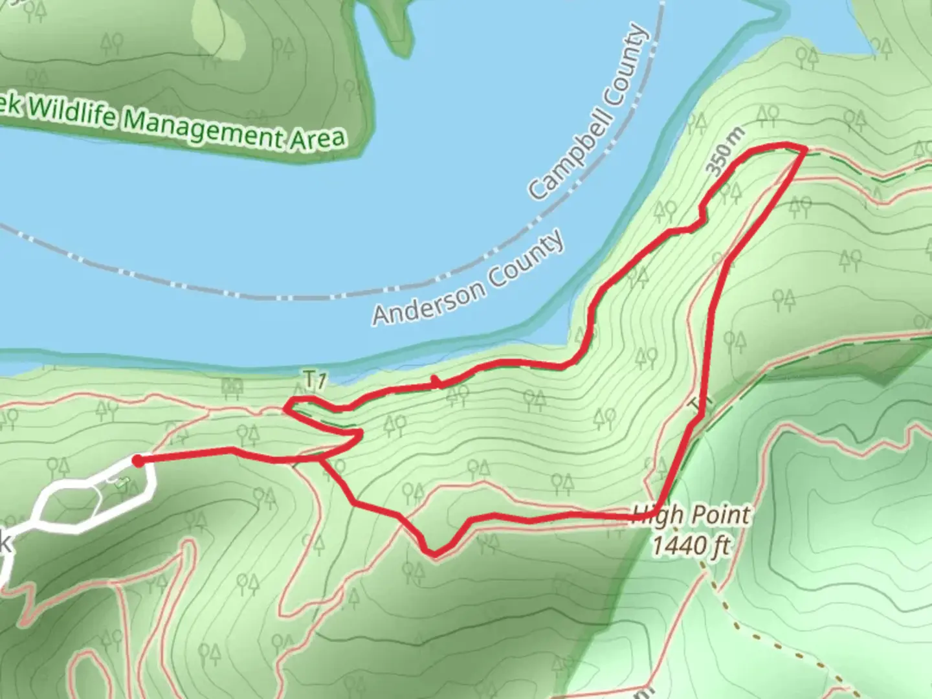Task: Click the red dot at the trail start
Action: pyautogui.click(x=138, y=460)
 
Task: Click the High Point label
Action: pyautogui.click(x=691, y=516)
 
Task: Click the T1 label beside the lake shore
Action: pyautogui.click(x=313, y=380)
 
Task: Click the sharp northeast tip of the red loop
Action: pyautogui.click(x=805, y=150)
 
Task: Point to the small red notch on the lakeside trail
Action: pyautogui.click(x=436, y=382)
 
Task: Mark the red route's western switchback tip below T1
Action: pyautogui.click(x=286, y=408)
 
